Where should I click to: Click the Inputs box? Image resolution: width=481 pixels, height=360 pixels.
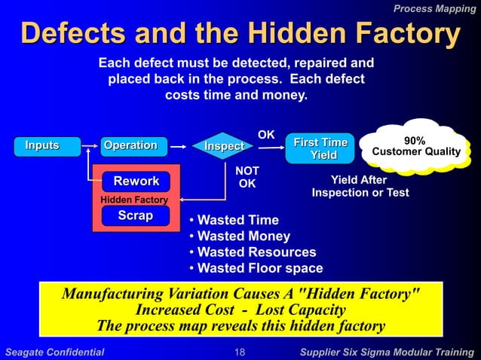tap(42, 145)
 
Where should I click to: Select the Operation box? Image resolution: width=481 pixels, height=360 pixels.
tap(130, 145)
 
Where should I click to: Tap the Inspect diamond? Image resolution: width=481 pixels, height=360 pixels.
tap(224, 146)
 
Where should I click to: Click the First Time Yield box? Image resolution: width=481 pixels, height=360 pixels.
tap(320, 149)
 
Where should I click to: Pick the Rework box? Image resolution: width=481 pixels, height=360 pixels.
tap(136, 182)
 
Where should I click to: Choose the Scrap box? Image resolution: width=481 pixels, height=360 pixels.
tap(136, 216)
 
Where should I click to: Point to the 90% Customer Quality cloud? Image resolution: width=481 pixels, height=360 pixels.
tap(414, 147)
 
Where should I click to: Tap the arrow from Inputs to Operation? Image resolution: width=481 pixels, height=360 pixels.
tap(90, 145)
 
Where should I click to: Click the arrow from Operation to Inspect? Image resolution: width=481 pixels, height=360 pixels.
tap(178, 145)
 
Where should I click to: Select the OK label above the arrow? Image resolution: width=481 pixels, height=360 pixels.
tap(266, 135)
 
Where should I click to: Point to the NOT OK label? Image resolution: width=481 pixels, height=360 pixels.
tap(247, 178)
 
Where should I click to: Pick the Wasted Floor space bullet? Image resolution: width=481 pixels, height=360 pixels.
tap(256, 268)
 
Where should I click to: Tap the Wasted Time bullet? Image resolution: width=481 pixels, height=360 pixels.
tap(234, 221)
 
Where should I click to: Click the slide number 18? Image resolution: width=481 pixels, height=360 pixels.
tap(240, 352)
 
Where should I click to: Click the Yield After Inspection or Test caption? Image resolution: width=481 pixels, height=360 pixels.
tap(360, 187)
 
